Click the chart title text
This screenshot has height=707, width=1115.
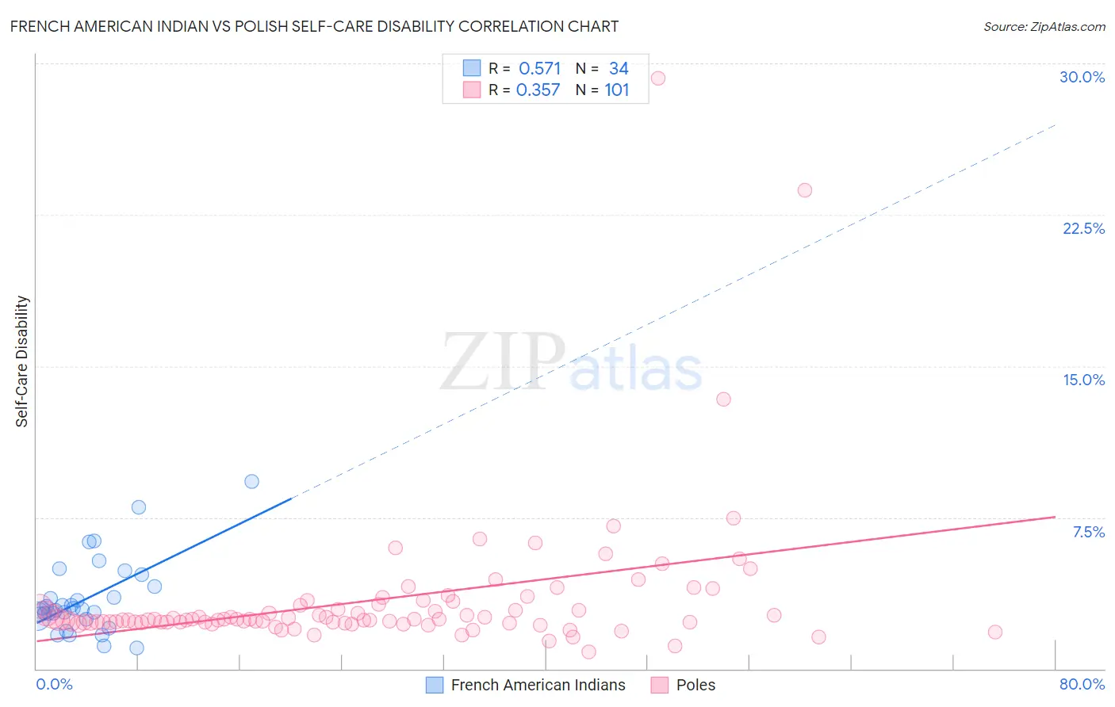tap(314, 26)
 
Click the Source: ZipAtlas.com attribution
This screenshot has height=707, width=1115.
tap(1044, 26)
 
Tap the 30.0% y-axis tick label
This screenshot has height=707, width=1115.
tap(1082, 77)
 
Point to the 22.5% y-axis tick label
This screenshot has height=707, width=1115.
tap(1083, 228)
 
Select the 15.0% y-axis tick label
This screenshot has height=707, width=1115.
tap(1083, 380)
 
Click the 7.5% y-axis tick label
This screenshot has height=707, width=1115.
tap(1088, 532)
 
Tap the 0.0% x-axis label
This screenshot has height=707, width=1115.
tap(54, 684)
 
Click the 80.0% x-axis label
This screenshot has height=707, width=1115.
tap(1082, 684)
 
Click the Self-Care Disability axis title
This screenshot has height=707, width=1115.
tap(22, 361)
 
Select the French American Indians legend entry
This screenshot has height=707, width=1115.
tap(538, 685)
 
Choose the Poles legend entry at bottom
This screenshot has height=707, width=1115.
tap(695, 685)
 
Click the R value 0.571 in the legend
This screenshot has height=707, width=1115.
tap(539, 69)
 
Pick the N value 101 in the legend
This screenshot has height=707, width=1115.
tap(617, 90)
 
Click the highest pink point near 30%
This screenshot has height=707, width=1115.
tap(657, 78)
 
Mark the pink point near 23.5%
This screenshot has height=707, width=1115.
tap(805, 190)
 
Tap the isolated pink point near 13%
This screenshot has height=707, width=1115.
tap(723, 399)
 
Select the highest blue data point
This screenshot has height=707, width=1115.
tap(251, 482)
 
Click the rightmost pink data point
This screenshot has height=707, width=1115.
tap(995, 632)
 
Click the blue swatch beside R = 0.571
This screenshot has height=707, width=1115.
tap(472, 68)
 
